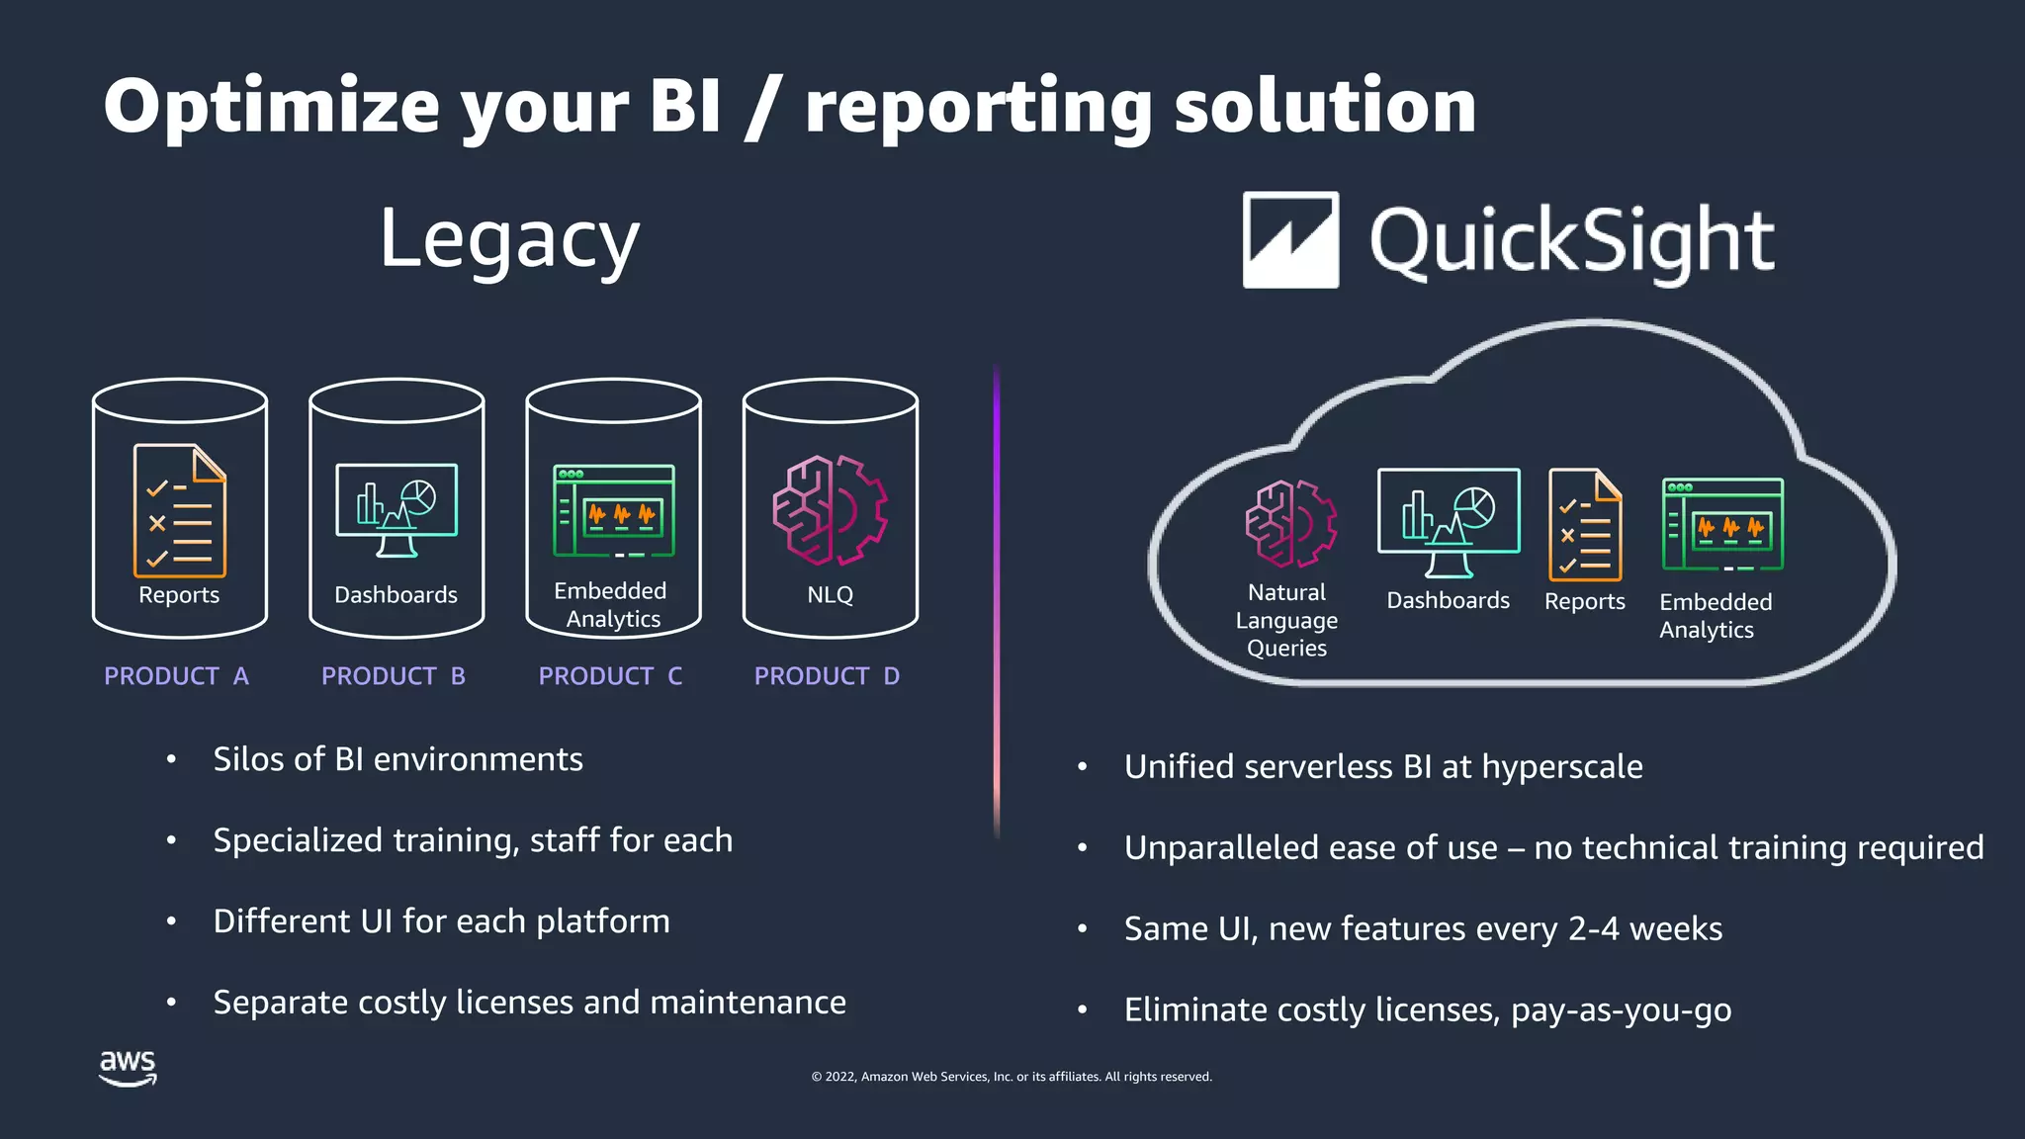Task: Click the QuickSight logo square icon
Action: [x=1290, y=240]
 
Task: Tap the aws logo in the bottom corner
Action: [x=128, y=1068]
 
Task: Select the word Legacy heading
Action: [x=509, y=240]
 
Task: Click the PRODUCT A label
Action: [x=176, y=676]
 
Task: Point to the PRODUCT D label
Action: [x=827, y=676]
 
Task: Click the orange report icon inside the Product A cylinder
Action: [x=180, y=510]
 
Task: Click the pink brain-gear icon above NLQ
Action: [x=831, y=510]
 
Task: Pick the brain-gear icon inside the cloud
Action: [x=1291, y=524]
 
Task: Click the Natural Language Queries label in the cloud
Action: [x=1286, y=620]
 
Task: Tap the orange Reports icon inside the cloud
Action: [x=1585, y=525]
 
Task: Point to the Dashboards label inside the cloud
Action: [x=1448, y=601]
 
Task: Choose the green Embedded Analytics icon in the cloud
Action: [x=1722, y=525]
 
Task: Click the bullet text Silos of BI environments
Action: [x=397, y=759]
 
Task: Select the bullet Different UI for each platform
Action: [x=441, y=921]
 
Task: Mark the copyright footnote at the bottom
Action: [x=1012, y=1077]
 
